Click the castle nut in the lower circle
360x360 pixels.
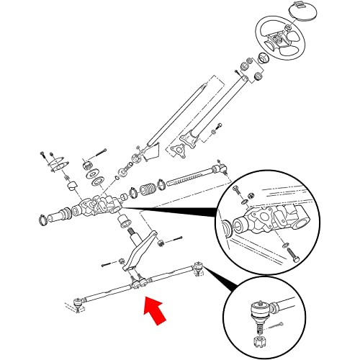pyautogui.click(x=257, y=338)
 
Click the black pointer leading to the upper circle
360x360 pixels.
pyautogui.click(x=173, y=210)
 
